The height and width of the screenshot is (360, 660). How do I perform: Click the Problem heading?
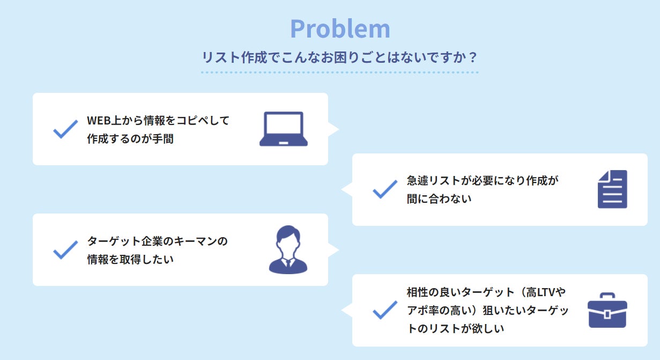[340, 29]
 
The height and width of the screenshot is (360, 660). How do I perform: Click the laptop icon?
[284, 129]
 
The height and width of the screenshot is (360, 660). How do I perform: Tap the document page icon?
[612, 189]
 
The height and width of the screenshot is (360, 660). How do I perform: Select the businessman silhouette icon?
[288, 250]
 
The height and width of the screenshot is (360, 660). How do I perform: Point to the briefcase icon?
[607, 310]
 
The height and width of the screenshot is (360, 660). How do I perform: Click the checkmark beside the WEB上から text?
[65, 129]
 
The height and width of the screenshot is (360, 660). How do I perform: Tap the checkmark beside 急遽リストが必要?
[384, 189]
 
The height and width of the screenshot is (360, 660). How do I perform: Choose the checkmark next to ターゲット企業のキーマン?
[65, 250]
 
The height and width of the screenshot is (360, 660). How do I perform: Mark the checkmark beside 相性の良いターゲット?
[384, 310]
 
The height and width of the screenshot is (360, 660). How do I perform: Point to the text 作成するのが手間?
[130, 139]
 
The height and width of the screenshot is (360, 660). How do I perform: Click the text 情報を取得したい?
[130, 260]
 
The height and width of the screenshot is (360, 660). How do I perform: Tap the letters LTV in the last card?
[547, 292]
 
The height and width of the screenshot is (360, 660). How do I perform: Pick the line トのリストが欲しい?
[455, 329]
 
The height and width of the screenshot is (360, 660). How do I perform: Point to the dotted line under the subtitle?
[339, 72]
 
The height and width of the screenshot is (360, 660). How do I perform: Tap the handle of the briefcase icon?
[607, 296]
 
